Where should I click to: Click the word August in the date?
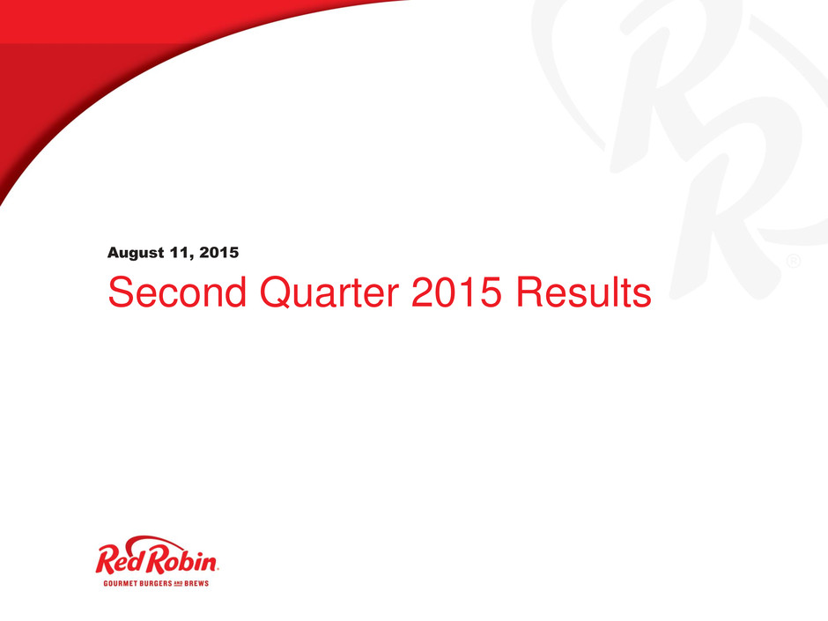(x=136, y=253)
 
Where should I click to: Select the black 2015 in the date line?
(x=219, y=253)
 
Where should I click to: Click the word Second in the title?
(x=177, y=292)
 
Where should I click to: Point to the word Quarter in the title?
(x=329, y=293)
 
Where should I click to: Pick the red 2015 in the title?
(x=456, y=292)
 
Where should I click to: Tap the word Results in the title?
(x=583, y=292)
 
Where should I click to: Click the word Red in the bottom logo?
(x=121, y=560)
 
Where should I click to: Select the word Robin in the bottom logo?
(x=181, y=560)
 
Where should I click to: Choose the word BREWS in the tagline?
(x=196, y=583)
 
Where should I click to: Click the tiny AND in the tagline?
(x=179, y=583)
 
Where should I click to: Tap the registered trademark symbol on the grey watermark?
(x=793, y=261)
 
